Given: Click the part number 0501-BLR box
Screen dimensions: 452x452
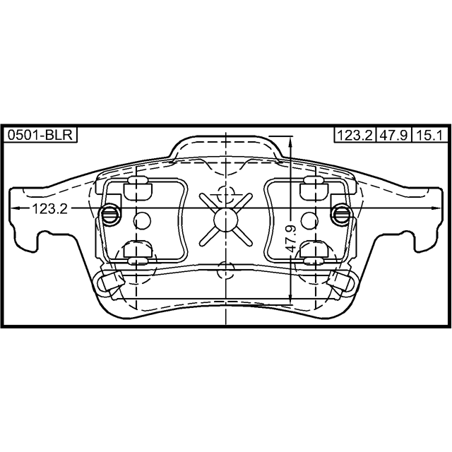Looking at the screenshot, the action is pos(40,135).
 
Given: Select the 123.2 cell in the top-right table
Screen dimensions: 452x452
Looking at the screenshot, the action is pos(355,135).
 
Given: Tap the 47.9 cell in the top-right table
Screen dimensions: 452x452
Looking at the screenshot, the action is pos(394,135).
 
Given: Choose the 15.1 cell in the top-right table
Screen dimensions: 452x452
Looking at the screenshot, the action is pos(430,135).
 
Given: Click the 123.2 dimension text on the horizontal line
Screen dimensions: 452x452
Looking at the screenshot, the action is pos(49,209).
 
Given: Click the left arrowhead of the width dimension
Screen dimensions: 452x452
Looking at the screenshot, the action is pos(15,208).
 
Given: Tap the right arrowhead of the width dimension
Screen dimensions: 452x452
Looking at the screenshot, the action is pos(436,208).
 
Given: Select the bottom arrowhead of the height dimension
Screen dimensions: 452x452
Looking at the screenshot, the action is pos(291,298).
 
